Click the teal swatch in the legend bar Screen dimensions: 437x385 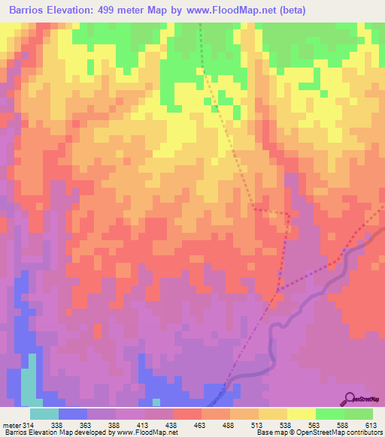tap(44, 414)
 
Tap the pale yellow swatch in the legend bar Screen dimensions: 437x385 tap(301, 414)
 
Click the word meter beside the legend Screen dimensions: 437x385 tap(11, 424)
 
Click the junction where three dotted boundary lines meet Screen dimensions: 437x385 tap(277, 291)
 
